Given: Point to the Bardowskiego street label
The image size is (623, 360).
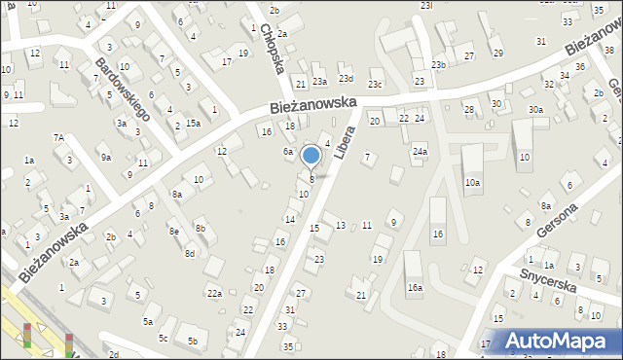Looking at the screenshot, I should pyautogui.click(x=122, y=88).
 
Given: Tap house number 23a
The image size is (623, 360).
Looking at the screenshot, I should pyautogui.click(x=318, y=82).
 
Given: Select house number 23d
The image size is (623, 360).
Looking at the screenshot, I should pyautogui.click(x=345, y=78).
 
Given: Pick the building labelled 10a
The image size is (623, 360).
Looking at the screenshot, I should pyautogui.click(x=472, y=182).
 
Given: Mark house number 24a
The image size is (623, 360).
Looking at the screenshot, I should pyautogui.click(x=420, y=152).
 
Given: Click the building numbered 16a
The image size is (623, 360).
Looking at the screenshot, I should pyautogui.click(x=416, y=287).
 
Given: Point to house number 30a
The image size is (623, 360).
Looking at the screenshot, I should pyautogui.click(x=535, y=110).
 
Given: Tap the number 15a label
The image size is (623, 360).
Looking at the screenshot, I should pyautogui.click(x=194, y=123).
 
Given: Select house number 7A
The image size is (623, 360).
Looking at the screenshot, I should pyautogui.click(x=58, y=138).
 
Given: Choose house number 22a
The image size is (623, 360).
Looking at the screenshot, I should pyautogui.click(x=214, y=293).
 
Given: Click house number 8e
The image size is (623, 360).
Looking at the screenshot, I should pyautogui.click(x=173, y=231).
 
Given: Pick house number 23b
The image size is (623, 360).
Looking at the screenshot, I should pyautogui.click(x=438, y=65).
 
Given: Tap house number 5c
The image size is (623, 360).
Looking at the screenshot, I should pyautogui.click(x=164, y=338).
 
